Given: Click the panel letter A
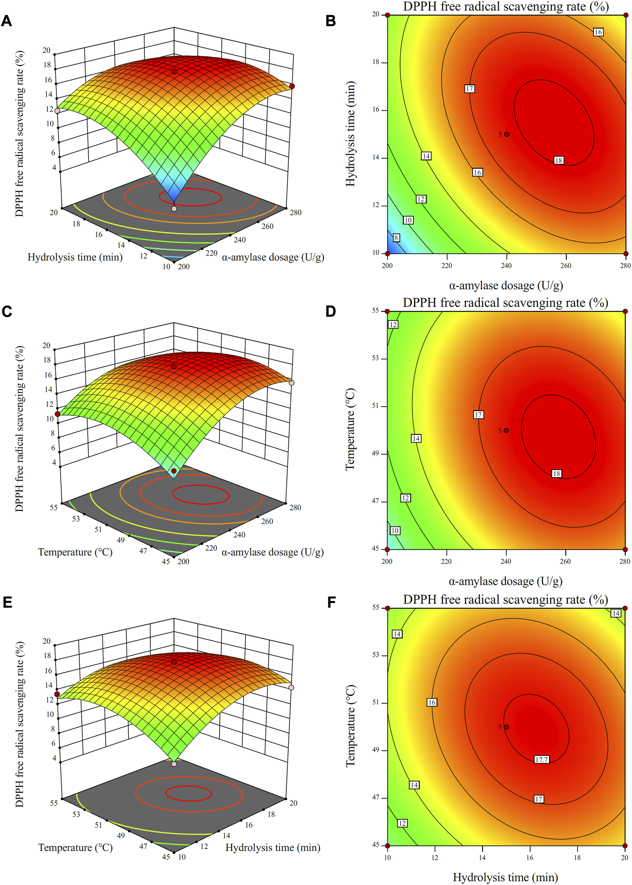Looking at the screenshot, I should pyautogui.click(x=7, y=21).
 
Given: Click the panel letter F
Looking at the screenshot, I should pyautogui.click(x=331, y=603).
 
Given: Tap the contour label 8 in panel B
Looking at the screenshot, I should pyautogui.click(x=396, y=238).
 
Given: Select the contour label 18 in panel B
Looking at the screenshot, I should pyautogui.click(x=558, y=160).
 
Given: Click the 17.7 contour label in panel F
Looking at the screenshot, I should pyautogui.click(x=541, y=760).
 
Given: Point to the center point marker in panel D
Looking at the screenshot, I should pyautogui.click(x=506, y=430).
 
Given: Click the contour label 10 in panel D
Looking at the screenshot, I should pyautogui.click(x=395, y=531).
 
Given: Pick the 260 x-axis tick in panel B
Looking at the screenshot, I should pyautogui.click(x=565, y=265).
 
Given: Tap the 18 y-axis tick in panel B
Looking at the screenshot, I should pyautogui.click(x=375, y=62).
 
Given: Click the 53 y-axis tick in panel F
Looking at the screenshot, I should pyautogui.click(x=375, y=655).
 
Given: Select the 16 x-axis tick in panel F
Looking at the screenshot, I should pyautogui.click(x=530, y=857).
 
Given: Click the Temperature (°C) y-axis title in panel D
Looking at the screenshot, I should pyautogui.click(x=350, y=429).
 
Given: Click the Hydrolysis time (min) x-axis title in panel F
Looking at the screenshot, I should pyautogui.click(x=505, y=877).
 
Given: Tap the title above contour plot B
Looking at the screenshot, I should pyautogui.click(x=505, y=7).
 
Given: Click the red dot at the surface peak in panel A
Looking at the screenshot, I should pyautogui.click(x=174, y=72).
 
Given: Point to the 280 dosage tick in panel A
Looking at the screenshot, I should pyautogui.click(x=295, y=212).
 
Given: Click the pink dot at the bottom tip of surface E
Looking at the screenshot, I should pyautogui.click(x=174, y=764).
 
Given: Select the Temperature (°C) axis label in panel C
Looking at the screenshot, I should pyautogui.click(x=75, y=552).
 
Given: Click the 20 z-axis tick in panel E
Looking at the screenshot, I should pyautogui.click(x=46, y=641).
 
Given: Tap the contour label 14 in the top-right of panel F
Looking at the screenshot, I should pyautogui.click(x=615, y=613).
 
